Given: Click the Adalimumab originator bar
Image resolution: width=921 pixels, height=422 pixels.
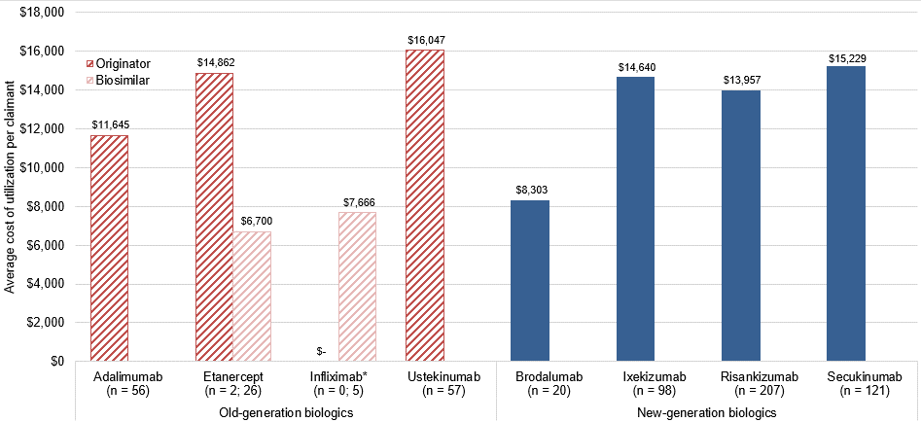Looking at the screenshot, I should click(109, 248).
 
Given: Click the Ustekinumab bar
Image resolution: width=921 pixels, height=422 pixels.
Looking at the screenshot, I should click(424, 205).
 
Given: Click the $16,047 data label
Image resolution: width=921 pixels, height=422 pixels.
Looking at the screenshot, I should click(424, 40).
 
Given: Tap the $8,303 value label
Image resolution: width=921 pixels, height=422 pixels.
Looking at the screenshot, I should click(529, 191).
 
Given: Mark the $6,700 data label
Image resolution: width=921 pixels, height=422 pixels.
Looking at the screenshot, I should click(251, 222).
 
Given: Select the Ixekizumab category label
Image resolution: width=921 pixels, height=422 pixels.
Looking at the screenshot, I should click(634, 376).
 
